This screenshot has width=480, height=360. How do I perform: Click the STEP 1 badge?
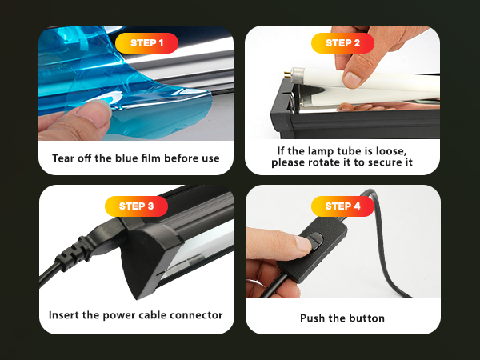[146, 43]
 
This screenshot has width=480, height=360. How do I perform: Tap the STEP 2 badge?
[342, 43]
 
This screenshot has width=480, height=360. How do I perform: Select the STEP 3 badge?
[136, 206]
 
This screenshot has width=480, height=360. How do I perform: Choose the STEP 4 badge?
[342, 206]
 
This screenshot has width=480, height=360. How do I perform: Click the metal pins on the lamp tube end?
[287, 74]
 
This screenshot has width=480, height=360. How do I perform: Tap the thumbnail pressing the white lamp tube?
[352, 79]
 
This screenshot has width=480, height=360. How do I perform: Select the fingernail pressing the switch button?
[304, 243]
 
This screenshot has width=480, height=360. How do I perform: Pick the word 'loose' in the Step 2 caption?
[391, 151]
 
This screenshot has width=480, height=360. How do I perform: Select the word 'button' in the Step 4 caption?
[366, 318]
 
